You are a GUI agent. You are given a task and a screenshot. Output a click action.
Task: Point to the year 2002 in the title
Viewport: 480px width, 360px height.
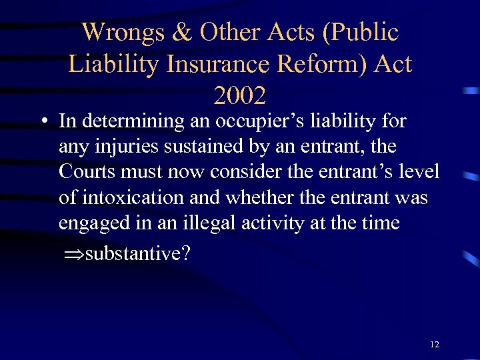point(240,96)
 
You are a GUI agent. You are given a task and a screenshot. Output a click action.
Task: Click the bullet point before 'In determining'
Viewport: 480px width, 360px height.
point(43,122)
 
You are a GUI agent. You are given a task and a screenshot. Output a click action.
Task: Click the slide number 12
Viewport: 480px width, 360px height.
point(435,345)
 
